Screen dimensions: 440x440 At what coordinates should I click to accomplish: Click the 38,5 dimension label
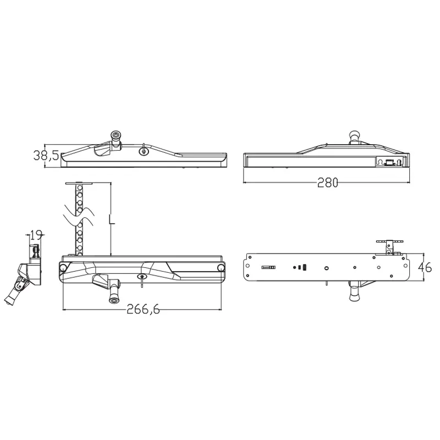[x=46, y=156]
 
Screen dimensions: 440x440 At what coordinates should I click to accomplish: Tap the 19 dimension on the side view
[x=36, y=235]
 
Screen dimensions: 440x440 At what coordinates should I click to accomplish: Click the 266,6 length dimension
[x=143, y=309]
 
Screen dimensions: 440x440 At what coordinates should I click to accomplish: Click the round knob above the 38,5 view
[x=116, y=137]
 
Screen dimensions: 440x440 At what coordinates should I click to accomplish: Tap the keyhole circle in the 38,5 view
[x=144, y=152]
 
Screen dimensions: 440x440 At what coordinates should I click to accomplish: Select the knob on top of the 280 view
[x=354, y=135]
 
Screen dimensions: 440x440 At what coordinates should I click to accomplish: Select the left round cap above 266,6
[x=63, y=267]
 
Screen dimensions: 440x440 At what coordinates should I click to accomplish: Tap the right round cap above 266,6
[x=221, y=267]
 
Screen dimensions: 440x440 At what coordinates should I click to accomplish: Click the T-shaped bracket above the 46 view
[x=389, y=243]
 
